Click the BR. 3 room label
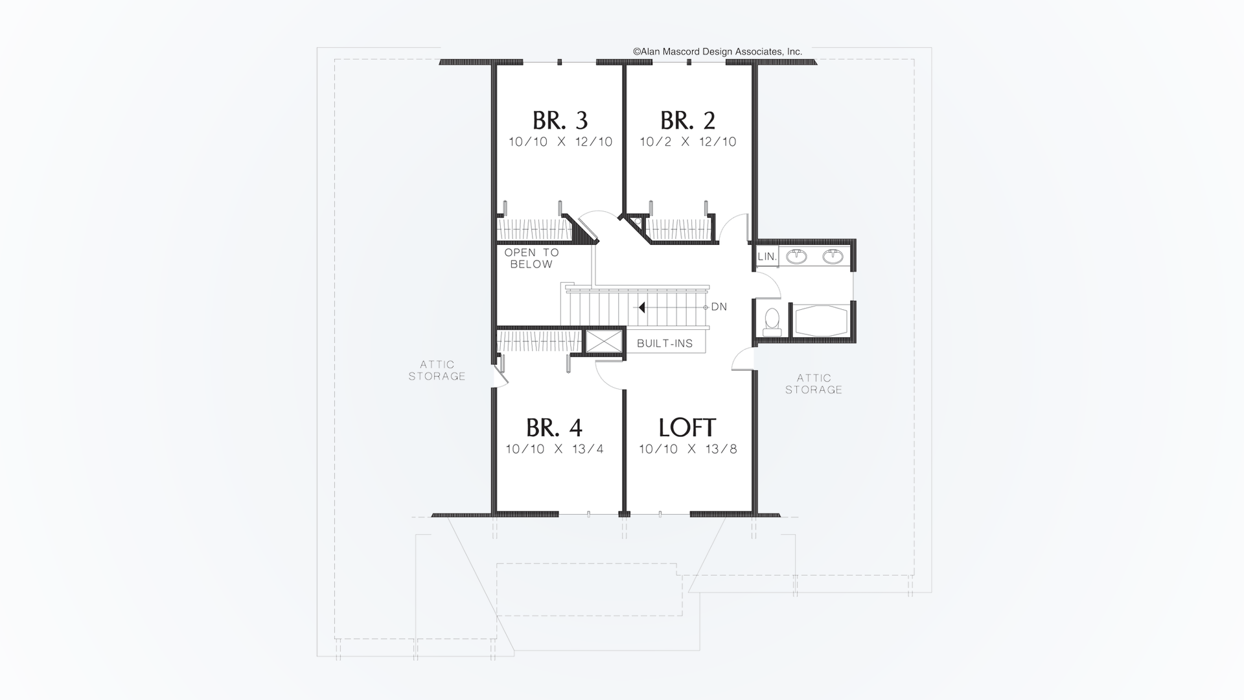click(560, 121)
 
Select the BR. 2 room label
click(687, 121)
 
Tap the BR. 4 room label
click(554, 428)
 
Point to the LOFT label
click(687, 428)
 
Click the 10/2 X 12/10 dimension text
click(687, 142)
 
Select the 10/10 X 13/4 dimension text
click(555, 449)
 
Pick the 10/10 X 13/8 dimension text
click(687, 449)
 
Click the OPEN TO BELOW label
click(531, 258)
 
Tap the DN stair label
click(719, 307)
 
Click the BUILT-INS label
click(665, 344)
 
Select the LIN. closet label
click(766, 257)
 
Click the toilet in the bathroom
click(772, 321)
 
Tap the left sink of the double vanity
click(796, 257)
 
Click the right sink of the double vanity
click(833, 257)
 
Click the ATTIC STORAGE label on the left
click(437, 370)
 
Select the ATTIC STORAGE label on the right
click(814, 384)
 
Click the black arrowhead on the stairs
click(641, 307)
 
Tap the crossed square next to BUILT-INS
click(603, 342)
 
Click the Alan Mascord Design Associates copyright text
click(717, 51)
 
